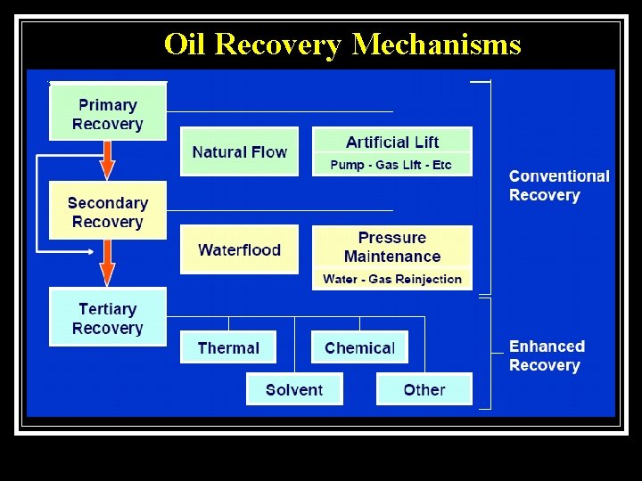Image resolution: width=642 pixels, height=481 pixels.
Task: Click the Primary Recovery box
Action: [108, 113]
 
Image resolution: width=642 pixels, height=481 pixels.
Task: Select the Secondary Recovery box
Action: [108, 212]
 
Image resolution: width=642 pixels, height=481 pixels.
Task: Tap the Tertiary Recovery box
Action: [108, 318]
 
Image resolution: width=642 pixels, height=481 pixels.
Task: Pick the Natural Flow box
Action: [239, 152]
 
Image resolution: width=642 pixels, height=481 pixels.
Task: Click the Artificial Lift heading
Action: [392, 142]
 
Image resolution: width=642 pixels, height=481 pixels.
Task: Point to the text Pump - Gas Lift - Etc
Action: [391, 165]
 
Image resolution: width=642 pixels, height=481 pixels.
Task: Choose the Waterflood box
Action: [239, 250]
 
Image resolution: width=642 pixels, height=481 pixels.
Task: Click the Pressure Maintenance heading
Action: [392, 247]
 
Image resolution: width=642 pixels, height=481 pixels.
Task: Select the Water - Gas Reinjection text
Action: [392, 279]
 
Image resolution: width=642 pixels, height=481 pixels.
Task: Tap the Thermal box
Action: [228, 347]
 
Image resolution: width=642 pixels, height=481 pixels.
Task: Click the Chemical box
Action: [359, 347]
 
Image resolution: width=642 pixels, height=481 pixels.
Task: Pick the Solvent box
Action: [294, 389]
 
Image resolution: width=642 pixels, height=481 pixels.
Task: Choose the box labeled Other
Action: [424, 389]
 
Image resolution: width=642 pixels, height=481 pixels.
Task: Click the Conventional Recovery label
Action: [559, 185]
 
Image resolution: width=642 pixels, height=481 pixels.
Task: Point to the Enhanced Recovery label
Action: [547, 355]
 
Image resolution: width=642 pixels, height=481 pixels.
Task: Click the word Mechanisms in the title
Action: [436, 44]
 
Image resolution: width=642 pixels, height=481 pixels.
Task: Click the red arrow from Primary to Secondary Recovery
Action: [107, 161]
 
